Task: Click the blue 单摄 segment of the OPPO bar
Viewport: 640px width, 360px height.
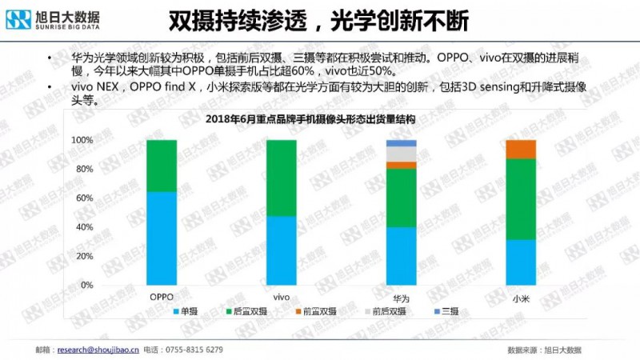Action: (162, 238)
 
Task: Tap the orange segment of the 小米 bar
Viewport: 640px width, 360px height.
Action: (521, 149)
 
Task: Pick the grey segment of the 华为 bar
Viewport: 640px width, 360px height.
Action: (401, 154)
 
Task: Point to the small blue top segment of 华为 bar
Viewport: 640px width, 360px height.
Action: (401, 143)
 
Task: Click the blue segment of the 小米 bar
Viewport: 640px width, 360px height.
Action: (521, 262)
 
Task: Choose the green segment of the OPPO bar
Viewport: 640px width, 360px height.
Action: (162, 166)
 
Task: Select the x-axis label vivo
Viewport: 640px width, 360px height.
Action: (281, 298)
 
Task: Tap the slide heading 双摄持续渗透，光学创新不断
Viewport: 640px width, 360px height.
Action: (319, 19)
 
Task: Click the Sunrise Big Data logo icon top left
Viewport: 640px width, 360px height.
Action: (18, 18)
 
